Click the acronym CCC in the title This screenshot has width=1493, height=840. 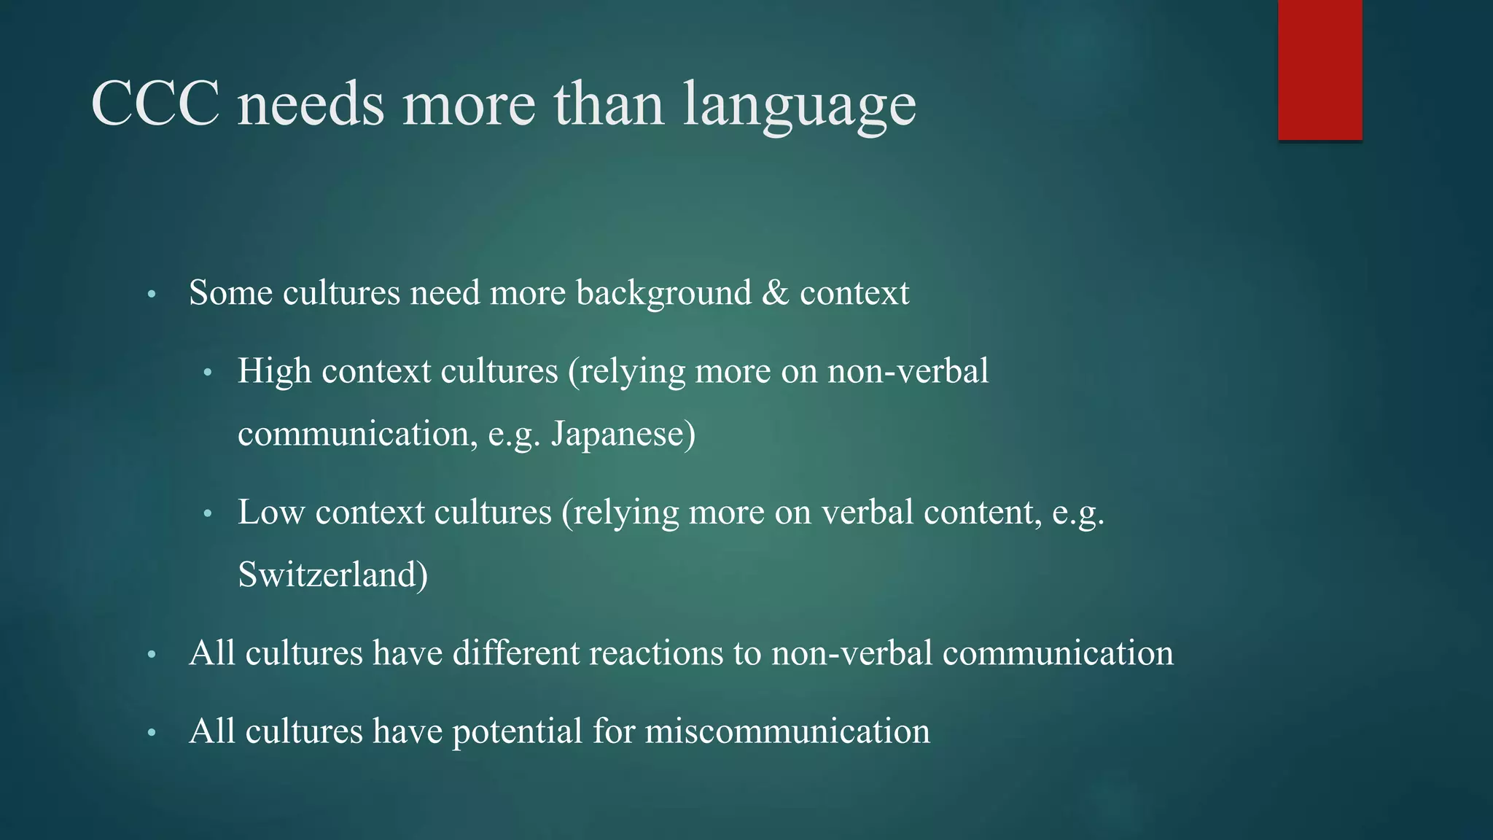click(155, 104)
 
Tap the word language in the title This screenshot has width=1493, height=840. click(800, 106)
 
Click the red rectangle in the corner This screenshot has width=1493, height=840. click(1319, 69)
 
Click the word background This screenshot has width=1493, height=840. click(663, 293)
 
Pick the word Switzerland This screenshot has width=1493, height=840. click(332, 575)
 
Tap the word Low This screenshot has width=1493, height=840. click(270, 512)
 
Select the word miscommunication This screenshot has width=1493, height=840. click(787, 731)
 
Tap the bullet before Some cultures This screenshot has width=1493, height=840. click(152, 295)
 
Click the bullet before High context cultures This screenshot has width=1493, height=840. click(208, 373)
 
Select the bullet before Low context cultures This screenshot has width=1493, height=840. click(208, 514)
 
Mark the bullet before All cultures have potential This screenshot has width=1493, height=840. click(152, 733)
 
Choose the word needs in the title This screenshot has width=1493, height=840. click(311, 104)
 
